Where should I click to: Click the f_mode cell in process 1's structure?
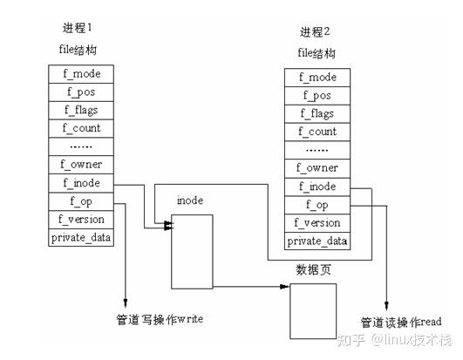[x=81, y=73]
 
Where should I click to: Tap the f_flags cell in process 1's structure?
[x=81, y=110]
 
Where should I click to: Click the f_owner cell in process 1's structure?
[x=81, y=164]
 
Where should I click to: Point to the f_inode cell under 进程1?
[x=81, y=182]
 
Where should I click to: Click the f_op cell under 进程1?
[x=81, y=200]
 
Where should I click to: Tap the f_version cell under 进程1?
[x=81, y=219]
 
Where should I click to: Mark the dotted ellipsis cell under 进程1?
[x=81, y=146]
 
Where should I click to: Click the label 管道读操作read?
[x=400, y=322]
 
